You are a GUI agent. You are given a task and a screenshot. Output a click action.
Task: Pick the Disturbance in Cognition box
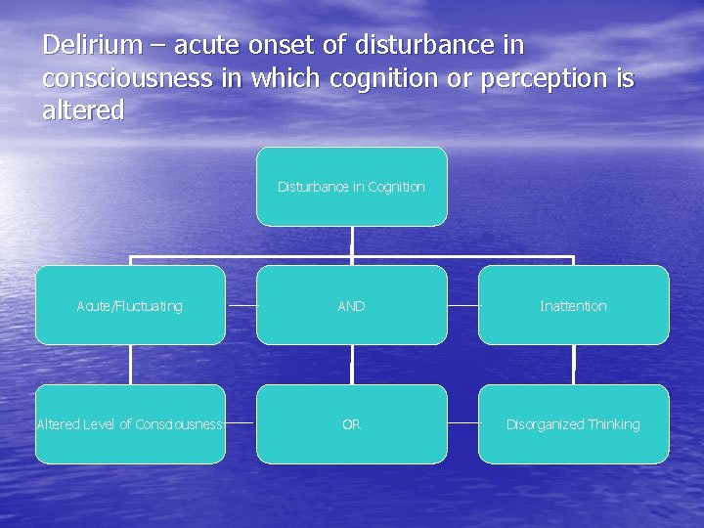(351, 187)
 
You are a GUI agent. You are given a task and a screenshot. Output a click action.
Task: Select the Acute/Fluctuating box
(130, 306)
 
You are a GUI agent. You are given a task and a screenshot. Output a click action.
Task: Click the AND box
(351, 306)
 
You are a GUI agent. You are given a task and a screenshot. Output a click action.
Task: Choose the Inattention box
(573, 306)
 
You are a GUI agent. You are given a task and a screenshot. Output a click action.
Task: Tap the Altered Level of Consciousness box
(130, 424)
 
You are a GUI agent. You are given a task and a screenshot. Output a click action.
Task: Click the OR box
(351, 424)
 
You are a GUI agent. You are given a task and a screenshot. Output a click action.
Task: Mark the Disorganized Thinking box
(573, 424)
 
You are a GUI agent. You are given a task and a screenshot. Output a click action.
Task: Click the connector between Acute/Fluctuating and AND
(241, 306)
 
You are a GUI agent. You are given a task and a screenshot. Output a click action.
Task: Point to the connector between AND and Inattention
(462, 306)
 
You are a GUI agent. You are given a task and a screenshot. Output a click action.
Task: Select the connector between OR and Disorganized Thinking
(462, 424)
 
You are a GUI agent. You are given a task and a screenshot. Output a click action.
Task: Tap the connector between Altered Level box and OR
(241, 424)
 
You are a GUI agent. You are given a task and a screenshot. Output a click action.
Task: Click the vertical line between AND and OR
(351, 365)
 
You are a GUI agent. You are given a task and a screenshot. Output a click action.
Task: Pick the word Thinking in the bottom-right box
(613, 424)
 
